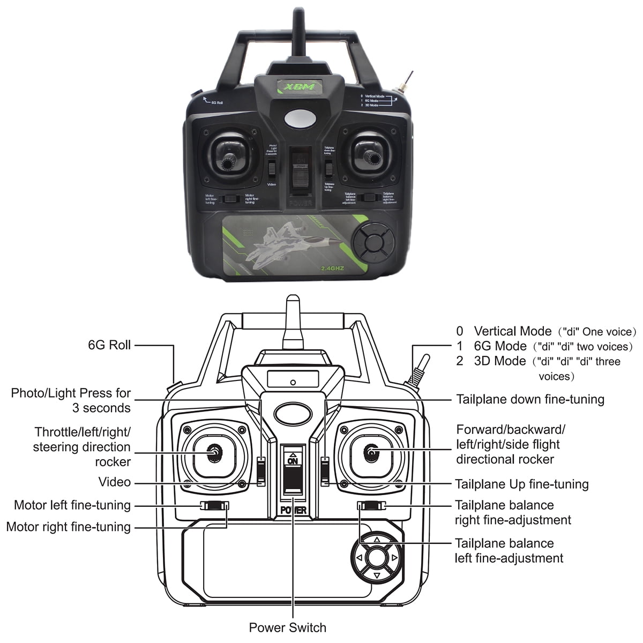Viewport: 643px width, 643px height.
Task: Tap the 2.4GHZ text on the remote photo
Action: pyautogui.click(x=332, y=268)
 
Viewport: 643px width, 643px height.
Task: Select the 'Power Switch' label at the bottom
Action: pyautogui.click(x=288, y=627)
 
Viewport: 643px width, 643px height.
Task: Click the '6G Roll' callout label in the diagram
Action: pyautogui.click(x=109, y=345)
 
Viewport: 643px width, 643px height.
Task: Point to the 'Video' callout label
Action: pyautogui.click(x=115, y=482)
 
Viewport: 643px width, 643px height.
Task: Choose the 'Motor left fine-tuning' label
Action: pyautogui.click(x=72, y=505)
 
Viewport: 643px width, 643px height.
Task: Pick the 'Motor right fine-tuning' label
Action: pyautogui.click(x=69, y=527)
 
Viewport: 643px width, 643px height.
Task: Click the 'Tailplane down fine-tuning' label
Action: pyautogui.click(x=530, y=399)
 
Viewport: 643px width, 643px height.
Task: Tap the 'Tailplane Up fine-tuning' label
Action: pyautogui.click(x=521, y=484)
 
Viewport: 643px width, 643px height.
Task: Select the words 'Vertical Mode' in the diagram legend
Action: pyautogui.click(x=512, y=331)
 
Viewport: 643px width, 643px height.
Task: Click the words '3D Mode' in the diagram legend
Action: pyautogui.click(x=500, y=361)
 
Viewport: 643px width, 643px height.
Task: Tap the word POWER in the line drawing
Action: pyautogui.click(x=294, y=510)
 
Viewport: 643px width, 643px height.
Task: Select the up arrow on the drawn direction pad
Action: pyautogui.click(x=377, y=540)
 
